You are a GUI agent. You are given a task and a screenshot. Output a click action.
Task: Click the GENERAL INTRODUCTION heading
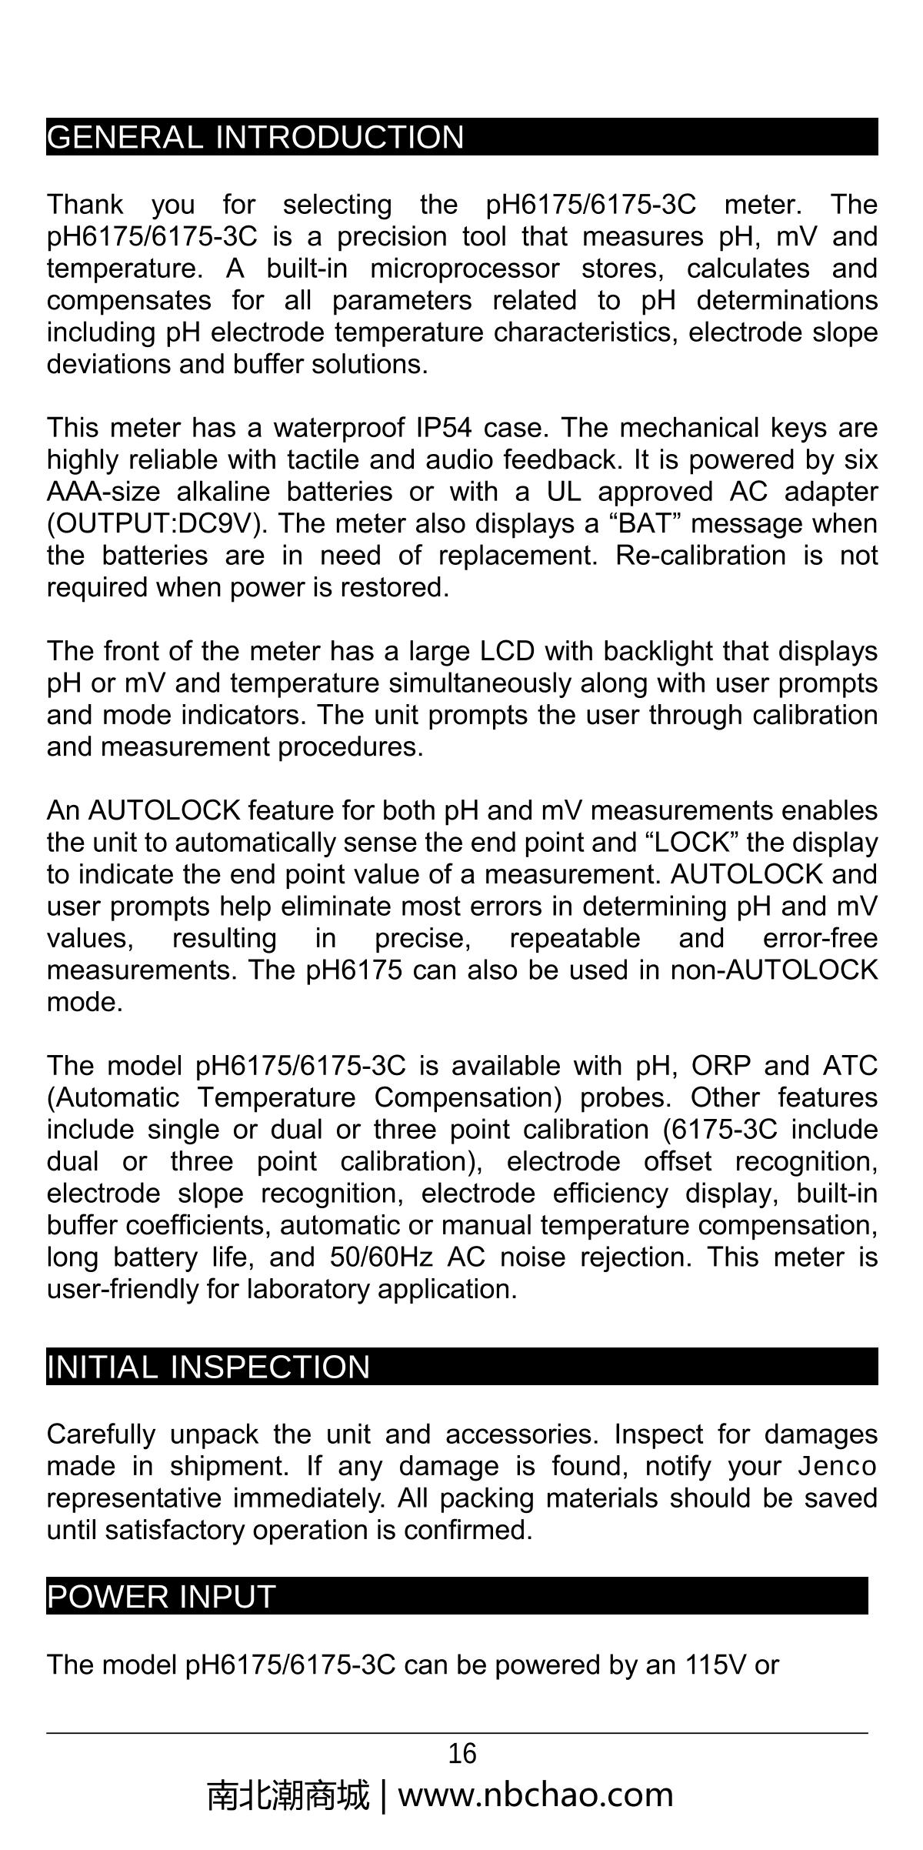[x=255, y=138]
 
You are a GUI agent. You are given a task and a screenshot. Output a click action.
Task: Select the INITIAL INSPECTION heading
[x=208, y=1367]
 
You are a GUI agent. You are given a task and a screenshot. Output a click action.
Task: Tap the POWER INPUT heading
[x=161, y=1597]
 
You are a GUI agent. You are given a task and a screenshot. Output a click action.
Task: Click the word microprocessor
[x=465, y=269]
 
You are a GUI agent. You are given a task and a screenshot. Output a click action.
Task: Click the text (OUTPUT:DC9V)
[x=158, y=524]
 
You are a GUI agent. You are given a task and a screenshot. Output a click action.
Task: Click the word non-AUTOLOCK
[x=774, y=970]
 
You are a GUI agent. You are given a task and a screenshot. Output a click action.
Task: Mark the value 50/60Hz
[x=382, y=1257]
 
